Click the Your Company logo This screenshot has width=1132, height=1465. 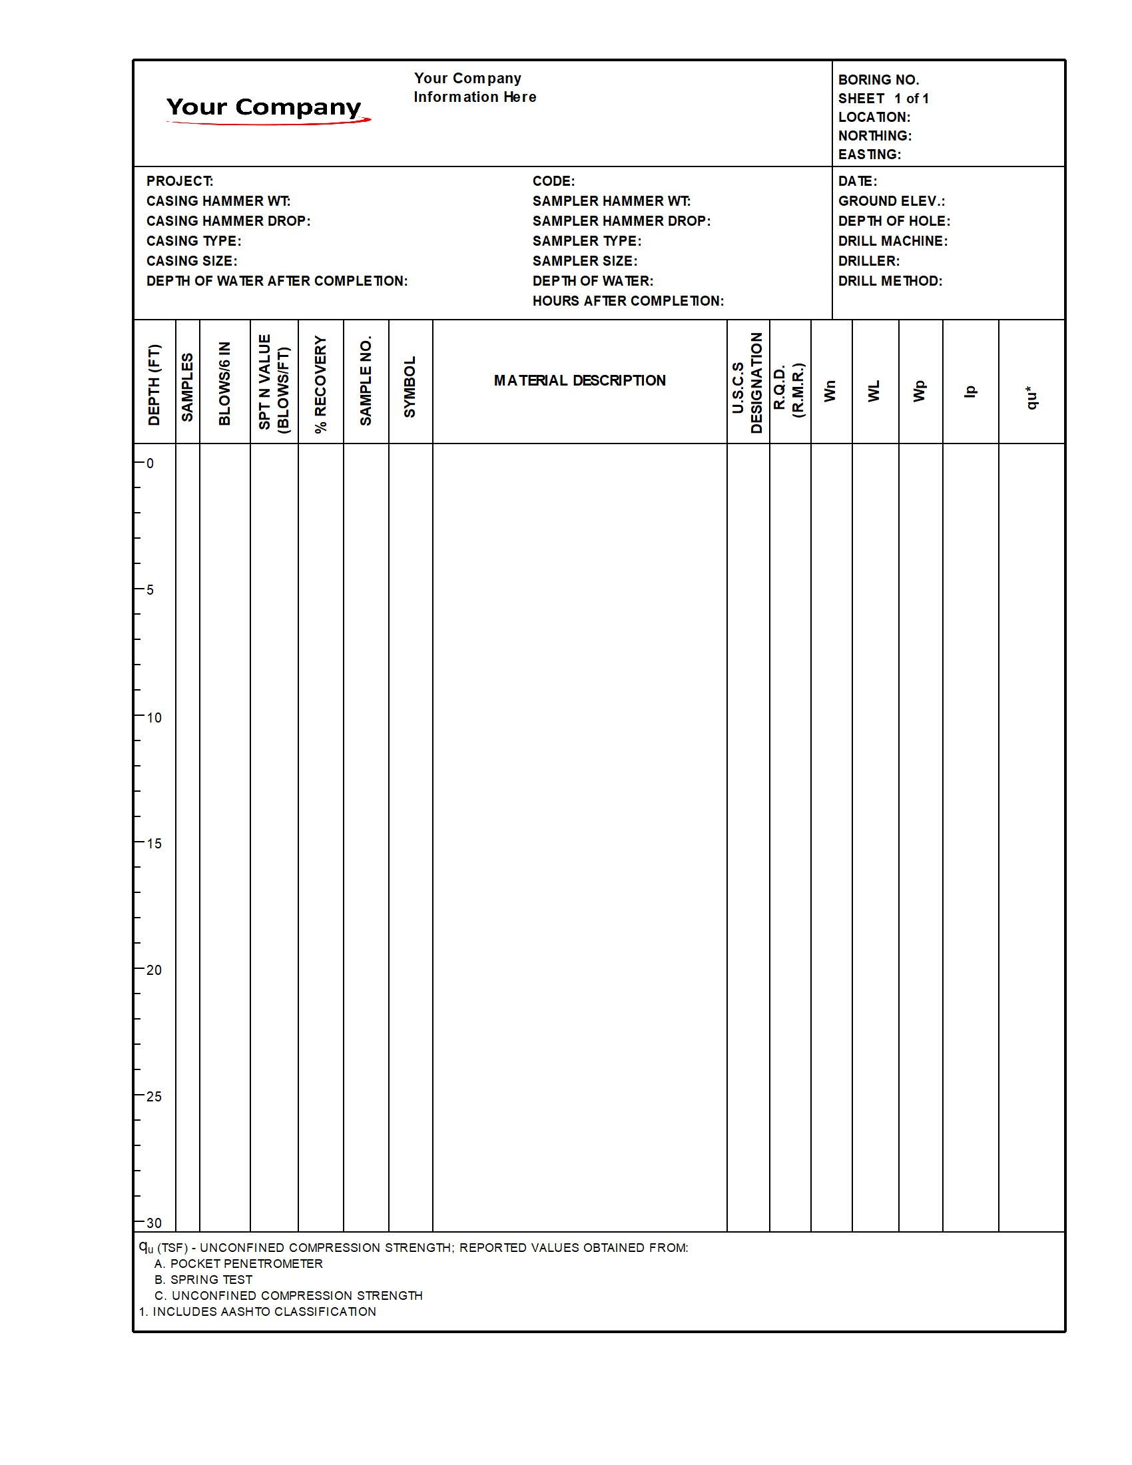pyautogui.click(x=266, y=109)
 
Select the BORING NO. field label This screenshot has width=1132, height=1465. pyautogui.click(x=878, y=80)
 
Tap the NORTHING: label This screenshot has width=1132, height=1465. pyautogui.click(x=874, y=135)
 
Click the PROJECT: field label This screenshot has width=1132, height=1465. pyautogui.click(x=180, y=181)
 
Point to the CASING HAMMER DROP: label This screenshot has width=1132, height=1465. pyautogui.click(x=228, y=221)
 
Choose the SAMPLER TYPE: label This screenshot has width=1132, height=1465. pyautogui.click(x=586, y=241)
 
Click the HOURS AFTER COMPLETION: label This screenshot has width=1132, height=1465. pyautogui.click(x=628, y=301)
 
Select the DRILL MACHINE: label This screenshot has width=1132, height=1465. pyautogui.click(x=892, y=241)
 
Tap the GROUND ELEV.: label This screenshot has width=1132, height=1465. pyautogui.click(x=891, y=201)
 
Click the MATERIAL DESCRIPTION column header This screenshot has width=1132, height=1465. pyautogui.click(x=579, y=381)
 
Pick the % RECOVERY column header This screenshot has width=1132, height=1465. pyautogui.click(x=320, y=384)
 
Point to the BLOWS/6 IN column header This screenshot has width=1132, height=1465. pyautogui.click(x=224, y=383)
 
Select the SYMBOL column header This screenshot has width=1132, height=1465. pyautogui.click(x=410, y=386)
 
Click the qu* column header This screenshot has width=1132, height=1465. pyautogui.click(x=1031, y=397)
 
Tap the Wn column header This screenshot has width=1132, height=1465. pyautogui.click(x=830, y=391)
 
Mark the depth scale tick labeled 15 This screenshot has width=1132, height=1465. pyautogui.click(x=154, y=844)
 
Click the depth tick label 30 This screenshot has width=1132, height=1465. pyautogui.click(x=154, y=1223)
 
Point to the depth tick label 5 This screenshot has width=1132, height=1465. pyautogui.click(x=150, y=590)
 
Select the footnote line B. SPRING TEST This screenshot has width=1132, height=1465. pyautogui.click(x=203, y=1280)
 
